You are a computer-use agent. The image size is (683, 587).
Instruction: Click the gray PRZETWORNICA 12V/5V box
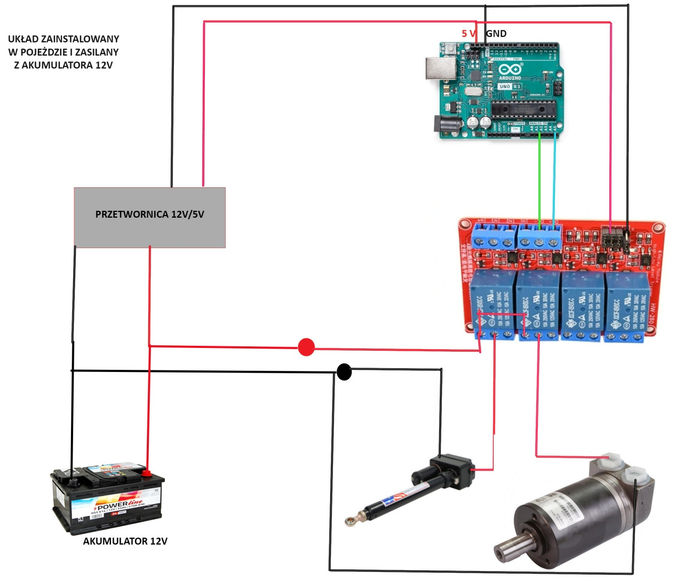(149, 217)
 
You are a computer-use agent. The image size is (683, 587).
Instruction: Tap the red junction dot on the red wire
(306, 347)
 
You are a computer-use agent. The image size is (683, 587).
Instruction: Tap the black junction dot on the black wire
(344, 371)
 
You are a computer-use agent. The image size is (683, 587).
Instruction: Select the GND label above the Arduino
(496, 33)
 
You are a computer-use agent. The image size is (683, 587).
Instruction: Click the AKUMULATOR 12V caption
(125, 541)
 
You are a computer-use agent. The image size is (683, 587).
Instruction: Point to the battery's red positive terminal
(146, 472)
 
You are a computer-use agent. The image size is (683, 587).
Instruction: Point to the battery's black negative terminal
(71, 479)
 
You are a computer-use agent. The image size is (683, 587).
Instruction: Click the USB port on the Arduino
(440, 68)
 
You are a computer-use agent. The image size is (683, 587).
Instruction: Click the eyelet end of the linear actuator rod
(351, 520)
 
